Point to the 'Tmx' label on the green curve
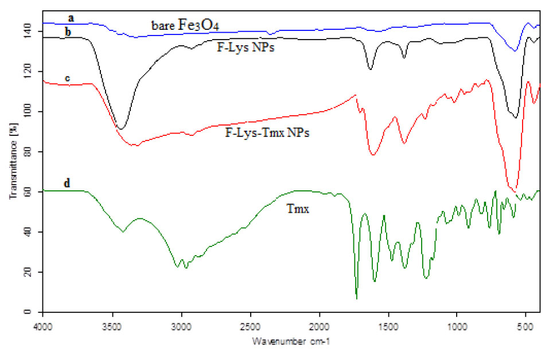pos(298,210)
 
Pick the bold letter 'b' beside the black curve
pos(68,32)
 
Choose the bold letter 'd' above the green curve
pos(67,183)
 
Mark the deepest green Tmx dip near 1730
pos(356,298)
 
